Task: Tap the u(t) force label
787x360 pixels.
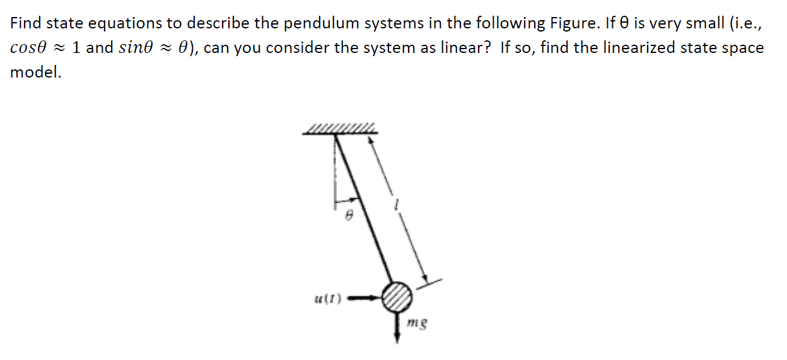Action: pos(328,298)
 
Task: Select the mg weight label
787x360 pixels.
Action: pos(418,325)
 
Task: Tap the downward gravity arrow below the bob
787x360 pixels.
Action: pos(398,327)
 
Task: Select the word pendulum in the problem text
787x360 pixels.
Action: pos(313,23)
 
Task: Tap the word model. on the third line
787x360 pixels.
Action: pos(36,73)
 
